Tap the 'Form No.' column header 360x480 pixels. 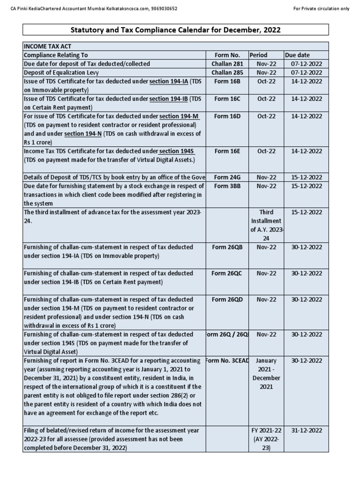pyautogui.click(x=227, y=55)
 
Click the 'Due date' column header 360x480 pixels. pyautogui.click(x=297, y=55)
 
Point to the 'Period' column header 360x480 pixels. pyautogui.click(x=258, y=55)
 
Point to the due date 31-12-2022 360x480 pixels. pyautogui.click(x=306, y=430)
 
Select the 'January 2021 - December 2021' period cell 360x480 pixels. pyautogui.click(x=266, y=374)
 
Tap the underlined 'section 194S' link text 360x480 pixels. pyautogui.click(x=177, y=151)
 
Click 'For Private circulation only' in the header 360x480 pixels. pyautogui.click(x=321, y=9)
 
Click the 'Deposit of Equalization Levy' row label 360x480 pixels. pyautogui.click(x=61, y=73)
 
